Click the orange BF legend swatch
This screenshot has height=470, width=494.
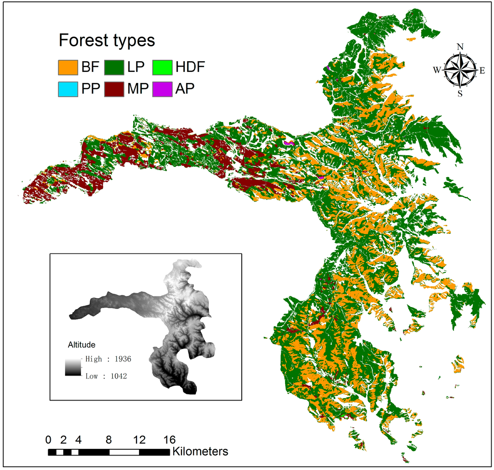(x=68, y=67)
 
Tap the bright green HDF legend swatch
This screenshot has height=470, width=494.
(x=163, y=67)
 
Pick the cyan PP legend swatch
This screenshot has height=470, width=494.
(x=68, y=89)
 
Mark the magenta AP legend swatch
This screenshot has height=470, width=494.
(x=163, y=89)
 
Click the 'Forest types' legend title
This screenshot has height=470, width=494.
(x=107, y=40)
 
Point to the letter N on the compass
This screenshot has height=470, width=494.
(x=460, y=47)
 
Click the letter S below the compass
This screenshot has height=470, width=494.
(x=460, y=94)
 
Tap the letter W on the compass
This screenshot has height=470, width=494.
(x=437, y=70)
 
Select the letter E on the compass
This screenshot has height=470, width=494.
(x=481, y=70)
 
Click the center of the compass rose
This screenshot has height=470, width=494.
(x=460, y=70)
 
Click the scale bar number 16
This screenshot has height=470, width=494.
(x=169, y=440)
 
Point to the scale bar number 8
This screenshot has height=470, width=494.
(x=109, y=440)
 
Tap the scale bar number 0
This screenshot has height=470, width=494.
(x=48, y=440)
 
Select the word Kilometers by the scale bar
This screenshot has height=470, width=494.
(x=200, y=452)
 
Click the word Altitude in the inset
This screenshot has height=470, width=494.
(x=82, y=345)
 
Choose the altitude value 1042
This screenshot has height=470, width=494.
(x=117, y=376)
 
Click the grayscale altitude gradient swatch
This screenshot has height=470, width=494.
(x=71, y=367)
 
